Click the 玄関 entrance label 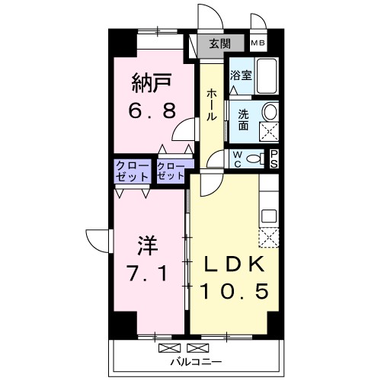(219, 44)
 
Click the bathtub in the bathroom (267, 77)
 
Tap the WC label (236, 159)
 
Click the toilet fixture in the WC (259, 158)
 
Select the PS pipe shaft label (275, 158)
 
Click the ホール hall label (211, 104)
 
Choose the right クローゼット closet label (171, 170)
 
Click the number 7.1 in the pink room (149, 272)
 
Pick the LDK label (232, 264)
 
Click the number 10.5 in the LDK (234, 292)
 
